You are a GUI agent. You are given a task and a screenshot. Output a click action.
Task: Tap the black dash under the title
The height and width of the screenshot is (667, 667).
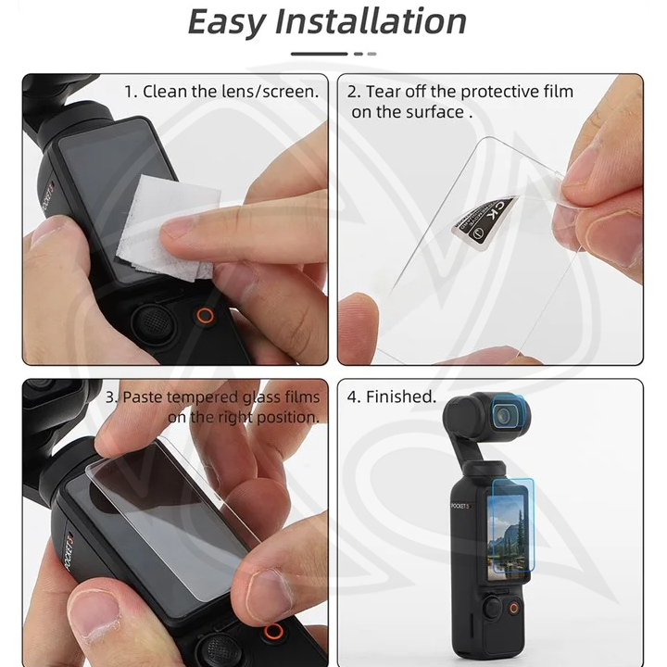(x=319, y=54)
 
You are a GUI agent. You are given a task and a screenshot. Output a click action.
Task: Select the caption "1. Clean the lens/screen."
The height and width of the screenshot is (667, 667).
(x=221, y=92)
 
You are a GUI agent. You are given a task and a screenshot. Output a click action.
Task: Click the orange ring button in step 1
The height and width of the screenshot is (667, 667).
(x=205, y=316)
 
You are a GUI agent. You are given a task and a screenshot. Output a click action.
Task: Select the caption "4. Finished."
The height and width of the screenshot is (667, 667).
(x=391, y=396)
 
